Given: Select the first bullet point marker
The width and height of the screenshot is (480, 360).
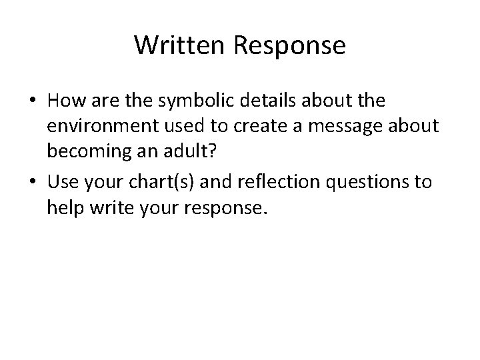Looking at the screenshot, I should point(32,101).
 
